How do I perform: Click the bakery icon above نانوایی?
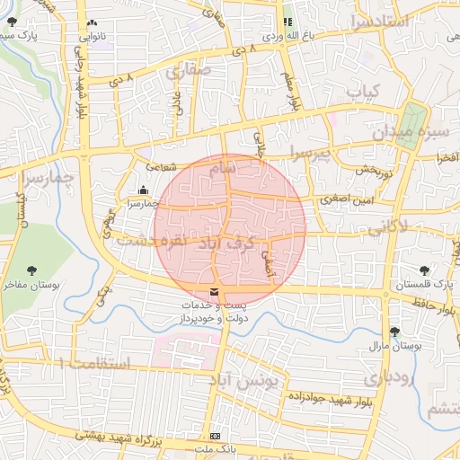coord(93,23)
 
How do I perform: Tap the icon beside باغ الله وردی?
coord(288,22)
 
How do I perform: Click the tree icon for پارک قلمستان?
coord(423,269)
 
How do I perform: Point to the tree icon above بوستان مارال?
coord(394,332)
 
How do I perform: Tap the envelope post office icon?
coord(214,293)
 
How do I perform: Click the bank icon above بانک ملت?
coord(214,435)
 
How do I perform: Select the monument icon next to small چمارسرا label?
coord(144,190)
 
